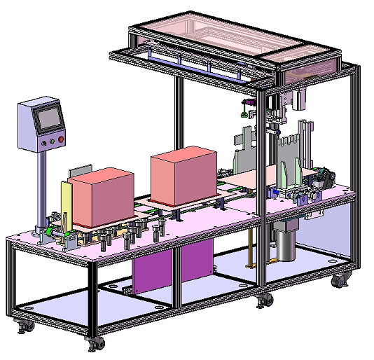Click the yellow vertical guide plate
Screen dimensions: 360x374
[x=65, y=203]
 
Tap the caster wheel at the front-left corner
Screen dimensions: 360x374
[x=22, y=325]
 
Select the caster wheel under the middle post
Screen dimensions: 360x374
[x=264, y=300]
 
